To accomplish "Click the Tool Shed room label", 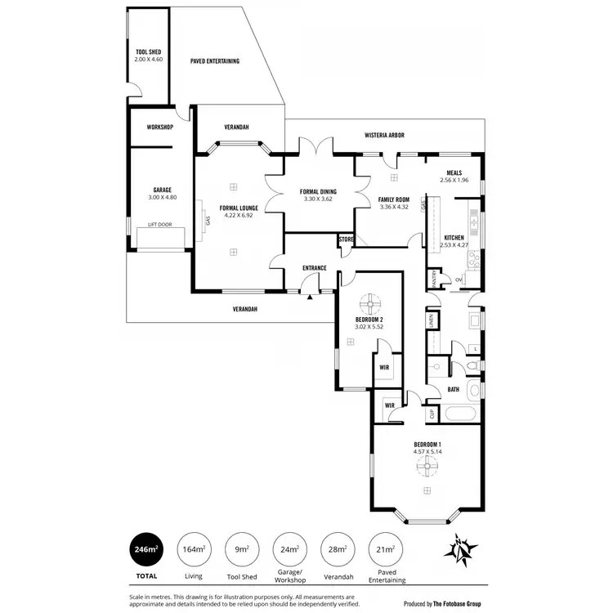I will tap(148, 52).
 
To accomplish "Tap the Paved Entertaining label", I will tap(214, 60).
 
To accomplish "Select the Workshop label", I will tap(159, 128).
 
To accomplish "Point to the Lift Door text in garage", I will tap(159, 223).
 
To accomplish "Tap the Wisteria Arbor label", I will tap(384, 135).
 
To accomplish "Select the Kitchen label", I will tap(454, 236).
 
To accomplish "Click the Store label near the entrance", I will tap(347, 239).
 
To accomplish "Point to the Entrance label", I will tap(315, 268).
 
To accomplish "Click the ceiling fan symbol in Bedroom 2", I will tap(370, 301).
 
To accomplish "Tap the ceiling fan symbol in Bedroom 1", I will tap(426, 466).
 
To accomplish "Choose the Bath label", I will tap(454, 390).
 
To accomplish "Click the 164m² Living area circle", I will tap(194, 550).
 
